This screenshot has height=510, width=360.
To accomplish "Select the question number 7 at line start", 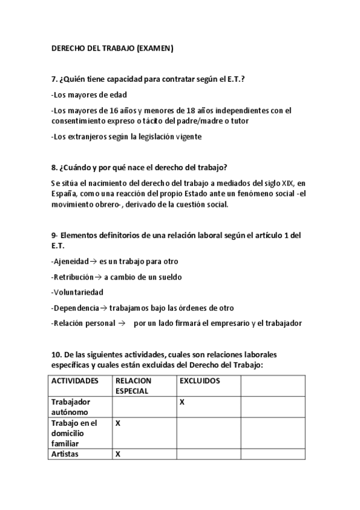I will pyautogui.click(x=53, y=79).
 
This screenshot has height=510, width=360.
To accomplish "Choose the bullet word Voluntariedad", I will pyautogui.click(x=78, y=292).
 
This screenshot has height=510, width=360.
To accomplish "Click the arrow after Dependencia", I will pyautogui.click(x=103, y=308).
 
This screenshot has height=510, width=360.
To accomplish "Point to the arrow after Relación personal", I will pyautogui.click(x=121, y=324).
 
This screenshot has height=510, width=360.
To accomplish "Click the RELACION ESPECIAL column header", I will pyautogui.click(x=134, y=386).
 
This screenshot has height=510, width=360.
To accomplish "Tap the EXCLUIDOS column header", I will pyautogui.click(x=200, y=381).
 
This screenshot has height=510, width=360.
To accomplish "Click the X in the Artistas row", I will pyautogui.click(x=118, y=455).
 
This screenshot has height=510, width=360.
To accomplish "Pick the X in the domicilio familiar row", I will pyautogui.click(x=118, y=423).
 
